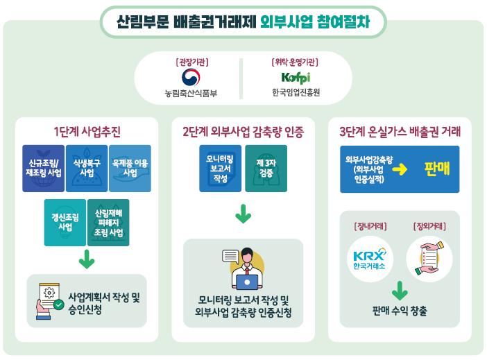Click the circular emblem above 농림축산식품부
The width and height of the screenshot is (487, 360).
190,76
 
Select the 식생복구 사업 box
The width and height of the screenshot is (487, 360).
87,169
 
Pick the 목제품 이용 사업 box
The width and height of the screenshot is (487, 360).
130,169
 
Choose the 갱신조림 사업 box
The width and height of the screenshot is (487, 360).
65,222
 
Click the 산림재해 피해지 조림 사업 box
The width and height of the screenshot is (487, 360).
108,222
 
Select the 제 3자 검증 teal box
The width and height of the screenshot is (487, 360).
264,169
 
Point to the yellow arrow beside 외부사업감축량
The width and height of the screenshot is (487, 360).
403,169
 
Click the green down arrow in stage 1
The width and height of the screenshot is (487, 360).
86,261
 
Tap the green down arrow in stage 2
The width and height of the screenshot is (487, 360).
243,215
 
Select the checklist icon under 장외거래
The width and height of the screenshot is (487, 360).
428,255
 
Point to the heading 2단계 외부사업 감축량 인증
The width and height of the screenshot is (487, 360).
243,130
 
